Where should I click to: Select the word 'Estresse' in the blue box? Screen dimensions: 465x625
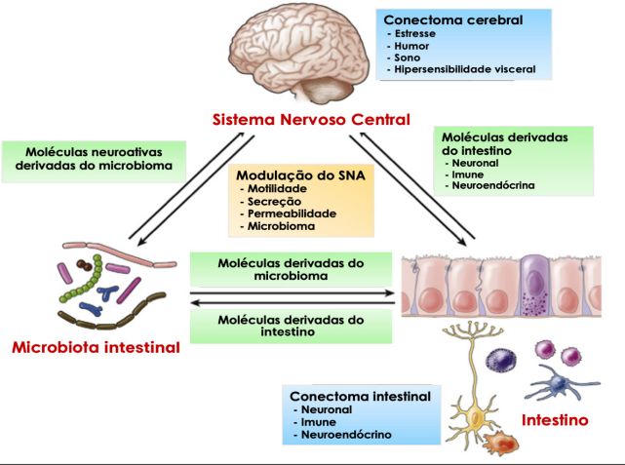click(x=414, y=33)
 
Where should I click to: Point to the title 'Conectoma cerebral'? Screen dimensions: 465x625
click(x=441, y=19)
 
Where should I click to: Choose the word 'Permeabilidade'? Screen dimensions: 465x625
click(x=291, y=213)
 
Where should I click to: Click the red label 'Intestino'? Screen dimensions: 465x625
click(x=555, y=421)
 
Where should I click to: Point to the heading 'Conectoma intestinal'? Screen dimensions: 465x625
click(x=359, y=396)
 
